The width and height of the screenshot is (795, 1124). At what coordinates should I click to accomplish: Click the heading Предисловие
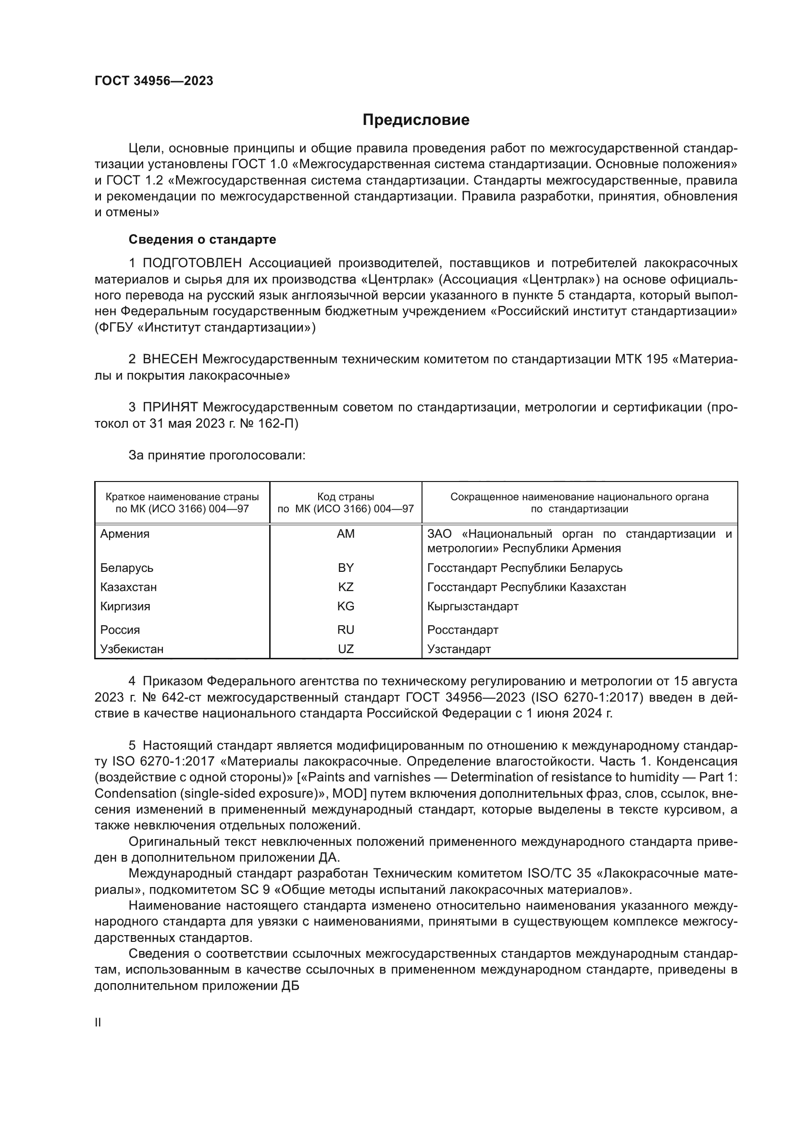pos(416,120)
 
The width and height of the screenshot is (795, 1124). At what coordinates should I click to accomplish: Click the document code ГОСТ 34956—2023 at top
pos(154,81)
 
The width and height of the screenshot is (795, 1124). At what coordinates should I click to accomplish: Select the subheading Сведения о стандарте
pos(202,239)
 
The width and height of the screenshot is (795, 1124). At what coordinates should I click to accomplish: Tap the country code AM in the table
pos(346,533)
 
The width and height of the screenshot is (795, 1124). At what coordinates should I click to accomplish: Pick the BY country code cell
pos(346,568)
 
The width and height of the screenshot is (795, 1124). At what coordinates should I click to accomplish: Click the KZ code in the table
pos(346,587)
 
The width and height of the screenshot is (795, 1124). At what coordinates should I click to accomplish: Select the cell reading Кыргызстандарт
pos(472,606)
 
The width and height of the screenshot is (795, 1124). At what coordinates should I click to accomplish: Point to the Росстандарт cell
pos(462,630)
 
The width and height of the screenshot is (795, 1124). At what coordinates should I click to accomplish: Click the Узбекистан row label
pos(132,649)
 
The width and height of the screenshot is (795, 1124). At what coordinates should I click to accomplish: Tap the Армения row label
pos(125,533)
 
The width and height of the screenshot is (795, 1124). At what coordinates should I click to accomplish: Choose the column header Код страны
pos(346,497)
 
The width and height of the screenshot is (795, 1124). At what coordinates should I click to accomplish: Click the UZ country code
pos(346,649)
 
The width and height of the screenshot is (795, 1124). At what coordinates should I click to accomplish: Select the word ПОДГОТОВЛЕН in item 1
pos(192,263)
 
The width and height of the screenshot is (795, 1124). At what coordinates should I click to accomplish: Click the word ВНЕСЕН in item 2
pos(170,359)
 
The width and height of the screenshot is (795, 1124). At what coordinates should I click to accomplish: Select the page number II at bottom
pos(98,1023)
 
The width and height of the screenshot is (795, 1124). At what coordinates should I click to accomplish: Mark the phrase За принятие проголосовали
pos(217,455)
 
